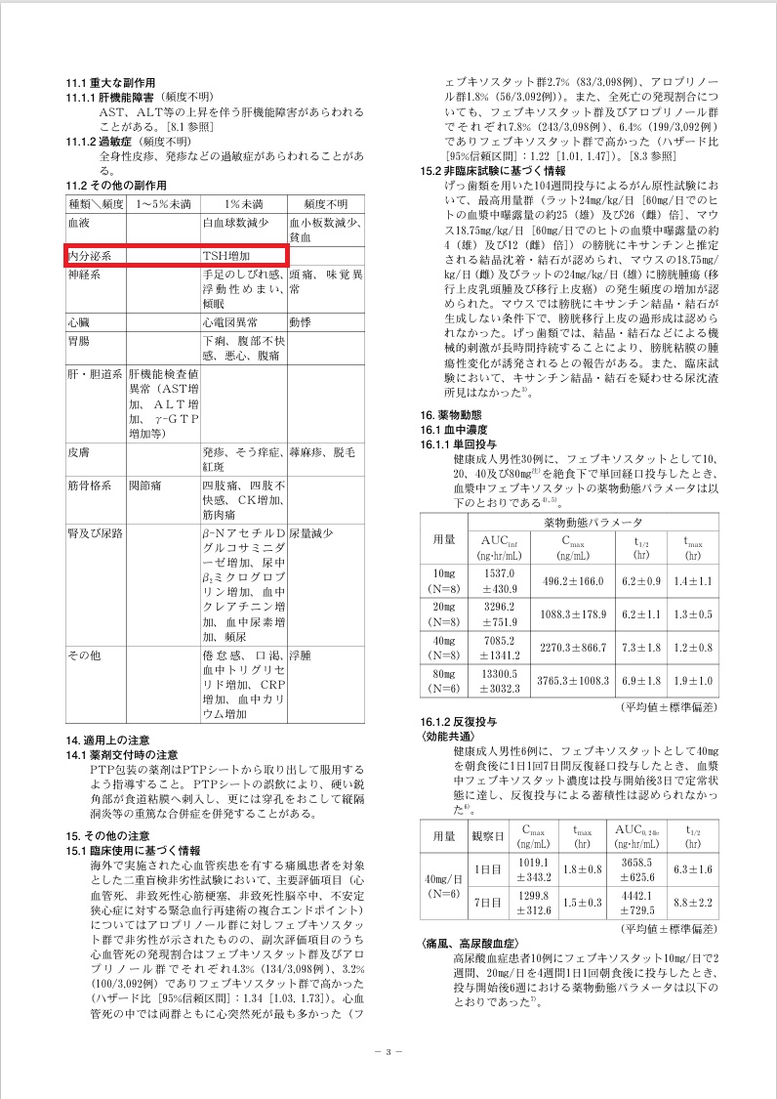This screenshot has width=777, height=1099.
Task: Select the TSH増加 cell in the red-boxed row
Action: point(225,255)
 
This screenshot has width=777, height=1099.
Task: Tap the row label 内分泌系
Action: point(89,255)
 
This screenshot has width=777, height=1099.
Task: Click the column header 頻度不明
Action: point(325,204)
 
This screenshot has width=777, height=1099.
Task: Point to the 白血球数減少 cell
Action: point(234,223)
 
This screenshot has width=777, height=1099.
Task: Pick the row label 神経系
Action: point(84,276)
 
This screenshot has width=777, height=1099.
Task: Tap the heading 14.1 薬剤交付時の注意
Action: point(122,754)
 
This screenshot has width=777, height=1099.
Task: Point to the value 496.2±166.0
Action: point(565,581)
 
